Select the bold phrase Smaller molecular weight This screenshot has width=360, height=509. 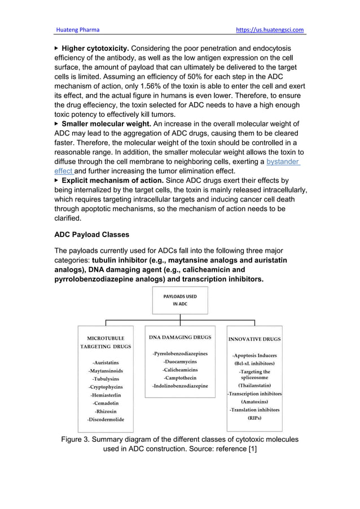pyautogui.click(x=106, y=124)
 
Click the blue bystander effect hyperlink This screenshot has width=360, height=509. pyautogui.click(x=283, y=161)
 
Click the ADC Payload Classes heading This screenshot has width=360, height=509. pyautogui.click(x=91, y=234)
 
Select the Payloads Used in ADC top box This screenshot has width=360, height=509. pyautogui.click(x=180, y=299)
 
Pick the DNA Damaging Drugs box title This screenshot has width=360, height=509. pyautogui.click(x=180, y=337)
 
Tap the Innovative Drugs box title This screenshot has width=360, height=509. pyautogui.click(x=254, y=340)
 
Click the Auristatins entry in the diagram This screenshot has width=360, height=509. pyautogui.click(x=106, y=363)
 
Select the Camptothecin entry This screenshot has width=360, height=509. pyautogui.click(x=180, y=378)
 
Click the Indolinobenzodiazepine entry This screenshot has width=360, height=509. pyautogui.click(x=180, y=386)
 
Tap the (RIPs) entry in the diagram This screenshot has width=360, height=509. pyautogui.click(x=254, y=418)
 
